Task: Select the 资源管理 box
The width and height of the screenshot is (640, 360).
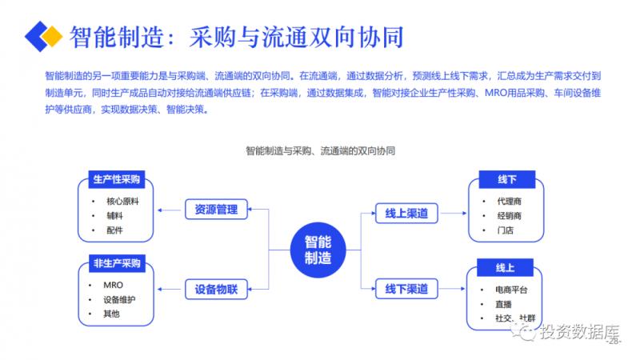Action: (216, 210)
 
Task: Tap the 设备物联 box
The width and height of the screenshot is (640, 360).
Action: (216, 288)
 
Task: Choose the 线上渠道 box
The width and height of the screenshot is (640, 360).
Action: (406, 213)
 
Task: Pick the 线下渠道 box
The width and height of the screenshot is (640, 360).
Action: (406, 288)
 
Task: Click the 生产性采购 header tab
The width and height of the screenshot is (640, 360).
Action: (116, 178)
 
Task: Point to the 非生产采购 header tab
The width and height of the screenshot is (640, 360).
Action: (117, 263)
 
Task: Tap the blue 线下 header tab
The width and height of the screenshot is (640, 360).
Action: (506, 178)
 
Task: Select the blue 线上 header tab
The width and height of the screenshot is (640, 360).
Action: (506, 266)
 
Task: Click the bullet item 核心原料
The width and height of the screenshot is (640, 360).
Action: (122, 200)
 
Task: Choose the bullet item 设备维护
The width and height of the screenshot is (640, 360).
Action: (119, 300)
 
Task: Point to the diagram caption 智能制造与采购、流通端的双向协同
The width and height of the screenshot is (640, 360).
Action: (320, 150)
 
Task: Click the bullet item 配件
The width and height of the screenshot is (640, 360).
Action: (114, 230)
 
